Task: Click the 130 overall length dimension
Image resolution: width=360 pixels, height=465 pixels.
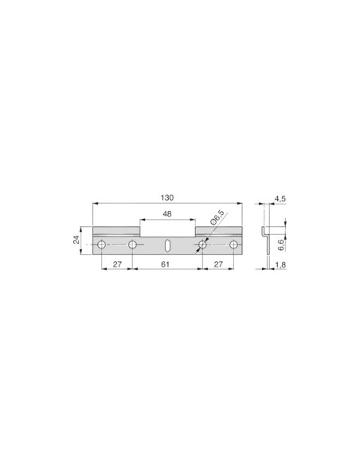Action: [167, 197]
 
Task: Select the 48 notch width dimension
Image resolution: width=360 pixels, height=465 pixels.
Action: [167, 214]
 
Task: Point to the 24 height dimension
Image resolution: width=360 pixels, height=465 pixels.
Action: [76, 240]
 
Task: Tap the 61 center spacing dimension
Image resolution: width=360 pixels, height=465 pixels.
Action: [165, 264]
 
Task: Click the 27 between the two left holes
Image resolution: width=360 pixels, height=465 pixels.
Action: [117, 264]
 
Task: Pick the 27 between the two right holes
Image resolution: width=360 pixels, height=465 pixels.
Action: [218, 264]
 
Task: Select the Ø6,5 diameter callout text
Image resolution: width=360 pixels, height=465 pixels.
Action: [217, 217]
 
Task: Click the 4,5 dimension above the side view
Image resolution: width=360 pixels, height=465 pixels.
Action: [280, 198]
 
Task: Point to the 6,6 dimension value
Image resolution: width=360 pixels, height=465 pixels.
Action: [281, 245]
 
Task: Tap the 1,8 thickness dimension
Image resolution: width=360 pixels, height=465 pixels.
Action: [280, 264]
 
